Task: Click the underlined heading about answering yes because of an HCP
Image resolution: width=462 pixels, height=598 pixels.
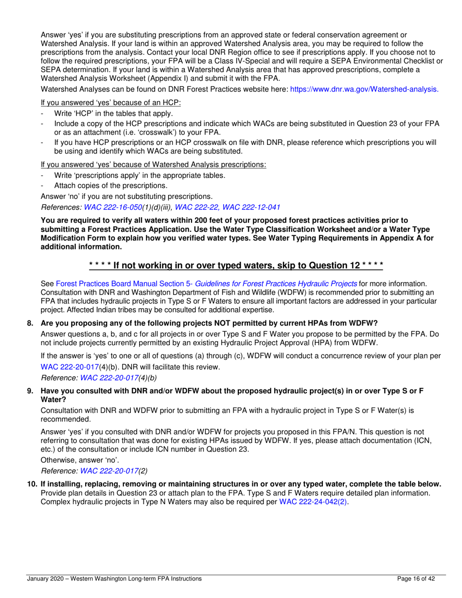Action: [111, 103]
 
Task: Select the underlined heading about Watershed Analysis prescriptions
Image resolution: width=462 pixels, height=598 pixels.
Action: [153, 164]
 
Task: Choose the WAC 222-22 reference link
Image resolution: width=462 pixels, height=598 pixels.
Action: [198, 207]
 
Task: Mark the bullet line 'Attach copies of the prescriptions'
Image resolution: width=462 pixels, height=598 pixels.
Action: [111, 185]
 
